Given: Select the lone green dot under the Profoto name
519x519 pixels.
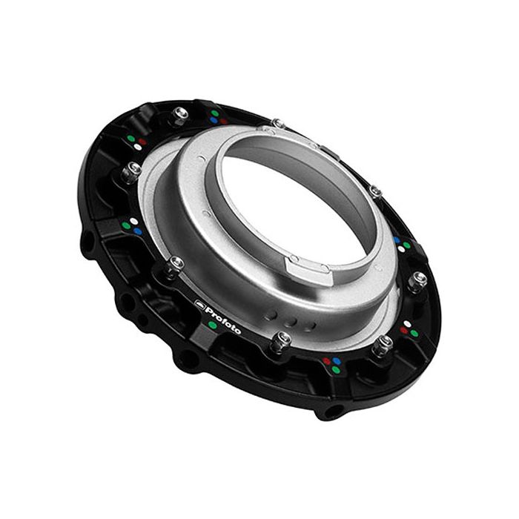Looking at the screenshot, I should [214, 325].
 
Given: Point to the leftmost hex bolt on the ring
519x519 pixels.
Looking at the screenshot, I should [133, 170].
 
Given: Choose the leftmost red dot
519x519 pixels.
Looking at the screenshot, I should [141, 138].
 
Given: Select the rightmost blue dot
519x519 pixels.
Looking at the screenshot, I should [397, 240].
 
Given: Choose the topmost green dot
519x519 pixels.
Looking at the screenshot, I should [214, 113].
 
